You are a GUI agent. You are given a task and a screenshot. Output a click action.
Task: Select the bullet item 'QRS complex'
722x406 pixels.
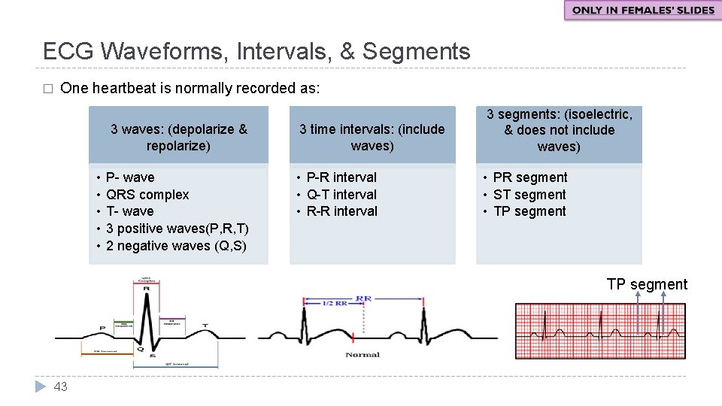click(x=147, y=195)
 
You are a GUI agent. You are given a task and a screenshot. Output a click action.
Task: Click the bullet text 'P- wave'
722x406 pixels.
click(x=130, y=177)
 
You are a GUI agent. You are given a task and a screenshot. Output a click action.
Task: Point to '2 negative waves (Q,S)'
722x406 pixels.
click(x=176, y=246)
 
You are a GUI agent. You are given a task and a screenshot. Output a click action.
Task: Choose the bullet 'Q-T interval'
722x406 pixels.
click(x=341, y=195)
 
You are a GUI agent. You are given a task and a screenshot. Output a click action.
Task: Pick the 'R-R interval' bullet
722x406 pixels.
click(x=341, y=211)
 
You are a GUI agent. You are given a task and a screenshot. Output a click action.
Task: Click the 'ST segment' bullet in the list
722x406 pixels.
click(x=529, y=195)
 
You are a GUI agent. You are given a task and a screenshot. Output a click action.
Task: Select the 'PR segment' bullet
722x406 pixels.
click(x=530, y=177)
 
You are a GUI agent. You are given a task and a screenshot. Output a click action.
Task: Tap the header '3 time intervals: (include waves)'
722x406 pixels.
click(x=372, y=138)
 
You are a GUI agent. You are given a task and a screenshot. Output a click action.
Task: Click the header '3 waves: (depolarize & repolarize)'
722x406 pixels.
click(x=178, y=138)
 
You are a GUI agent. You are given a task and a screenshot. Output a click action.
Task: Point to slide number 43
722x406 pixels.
click(x=61, y=386)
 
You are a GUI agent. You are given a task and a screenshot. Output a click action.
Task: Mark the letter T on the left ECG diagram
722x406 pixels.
click(x=205, y=326)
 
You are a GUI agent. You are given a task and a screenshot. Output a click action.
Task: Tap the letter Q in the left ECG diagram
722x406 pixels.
click(x=140, y=348)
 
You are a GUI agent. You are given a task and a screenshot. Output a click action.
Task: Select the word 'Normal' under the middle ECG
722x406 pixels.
click(x=363, y=354)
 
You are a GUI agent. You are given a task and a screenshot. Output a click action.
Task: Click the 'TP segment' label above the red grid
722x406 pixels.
click(x=647, y=284)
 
